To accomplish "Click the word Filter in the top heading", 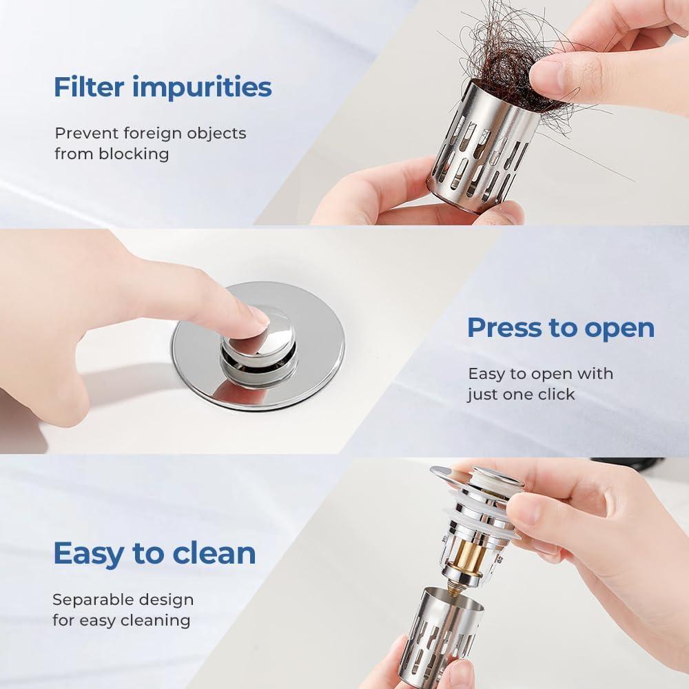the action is (x=89, y=87).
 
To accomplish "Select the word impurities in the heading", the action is (x=202, y=88).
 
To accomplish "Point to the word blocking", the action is (x=134, y=154).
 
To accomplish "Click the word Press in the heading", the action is (x=504, y=328).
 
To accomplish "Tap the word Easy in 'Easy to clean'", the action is (x=89, y=554).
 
